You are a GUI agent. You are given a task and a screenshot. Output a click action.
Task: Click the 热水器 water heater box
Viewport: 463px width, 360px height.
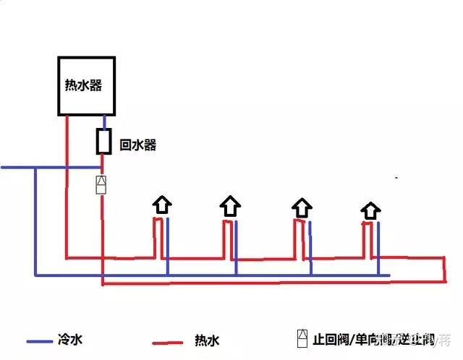point(88,85)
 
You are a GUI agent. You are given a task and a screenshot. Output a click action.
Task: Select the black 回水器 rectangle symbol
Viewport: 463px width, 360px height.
point(103,141)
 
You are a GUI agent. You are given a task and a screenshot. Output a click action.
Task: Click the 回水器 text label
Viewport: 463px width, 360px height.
point(137,145)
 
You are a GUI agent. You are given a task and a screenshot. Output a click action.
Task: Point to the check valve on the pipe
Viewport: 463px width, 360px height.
point(101,184)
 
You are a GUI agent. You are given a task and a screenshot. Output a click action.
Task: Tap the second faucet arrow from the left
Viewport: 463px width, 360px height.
point(230,207)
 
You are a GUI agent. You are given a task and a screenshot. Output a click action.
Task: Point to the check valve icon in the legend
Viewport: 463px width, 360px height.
point(302,338)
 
